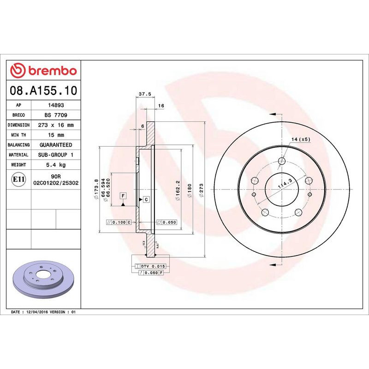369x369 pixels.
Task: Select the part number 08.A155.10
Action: coord(43,91)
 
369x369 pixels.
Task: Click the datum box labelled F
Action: coord(123,196)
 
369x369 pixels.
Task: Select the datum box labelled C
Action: coord(146,199)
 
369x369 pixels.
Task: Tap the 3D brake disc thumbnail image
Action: coord(44,279)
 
